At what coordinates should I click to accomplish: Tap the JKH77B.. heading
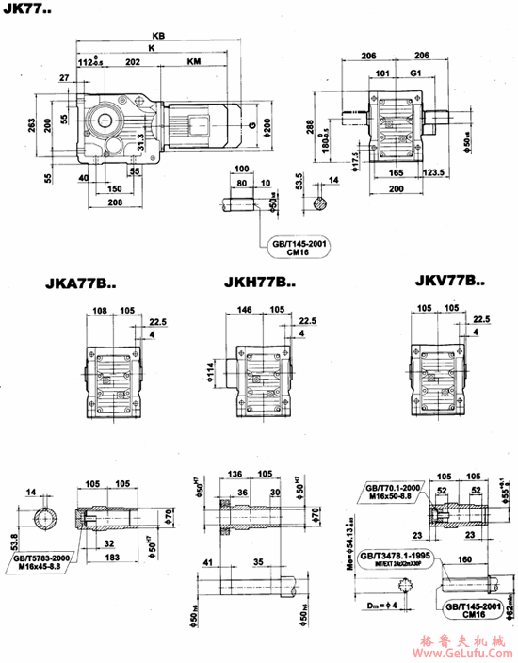[x=258, y=281]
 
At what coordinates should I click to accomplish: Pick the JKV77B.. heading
[x=449, y=281]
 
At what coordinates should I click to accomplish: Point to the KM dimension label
[x=193, y=61]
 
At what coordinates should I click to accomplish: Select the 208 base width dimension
[x=115, y=202]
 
